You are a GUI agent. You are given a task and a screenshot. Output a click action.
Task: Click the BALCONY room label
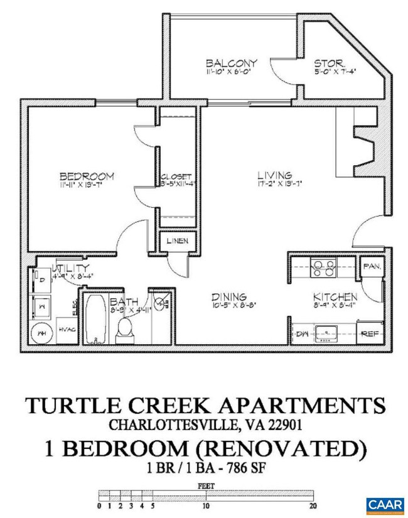[232, 63]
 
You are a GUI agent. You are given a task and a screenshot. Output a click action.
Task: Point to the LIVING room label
[274, 175]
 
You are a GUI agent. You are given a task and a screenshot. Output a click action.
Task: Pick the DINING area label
[228, 297]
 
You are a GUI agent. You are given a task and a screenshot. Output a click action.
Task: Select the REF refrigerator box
[368, 333]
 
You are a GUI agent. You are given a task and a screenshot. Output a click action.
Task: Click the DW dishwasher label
[302, 333]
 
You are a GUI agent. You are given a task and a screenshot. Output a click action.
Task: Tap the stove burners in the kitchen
[324, 268]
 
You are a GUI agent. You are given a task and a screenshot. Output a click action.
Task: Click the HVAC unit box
[65, 330]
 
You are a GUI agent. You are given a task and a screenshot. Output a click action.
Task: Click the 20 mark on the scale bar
[313, 505]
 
